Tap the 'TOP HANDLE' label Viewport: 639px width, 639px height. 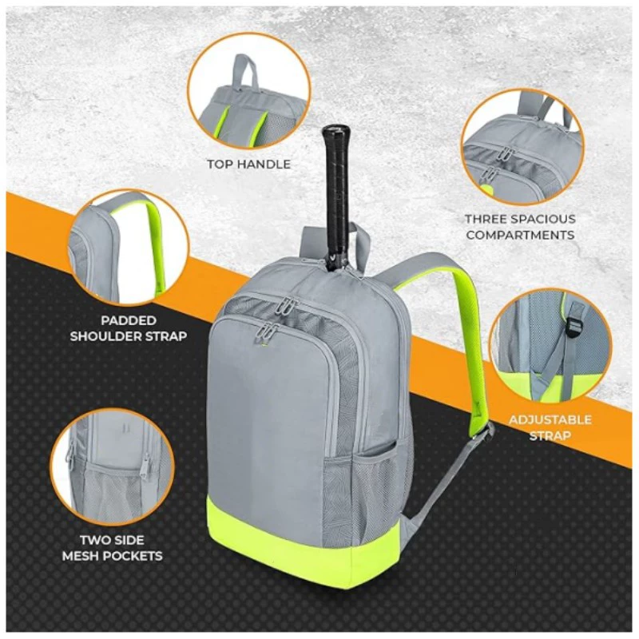point(249,165)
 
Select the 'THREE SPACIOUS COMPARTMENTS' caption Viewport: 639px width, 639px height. point(521,227)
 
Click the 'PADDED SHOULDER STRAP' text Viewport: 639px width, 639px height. point(129,328)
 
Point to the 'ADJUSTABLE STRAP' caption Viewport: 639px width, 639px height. point(550,427)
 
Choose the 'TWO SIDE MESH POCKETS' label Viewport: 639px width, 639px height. point(112,548)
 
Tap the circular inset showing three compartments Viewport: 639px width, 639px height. point(523,147)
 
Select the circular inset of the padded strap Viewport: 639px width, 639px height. point(128,248)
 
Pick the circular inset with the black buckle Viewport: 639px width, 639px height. point(550,347)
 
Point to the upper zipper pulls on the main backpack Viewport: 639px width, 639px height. point(288,306)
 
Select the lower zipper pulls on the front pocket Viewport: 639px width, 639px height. point(266,328)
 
